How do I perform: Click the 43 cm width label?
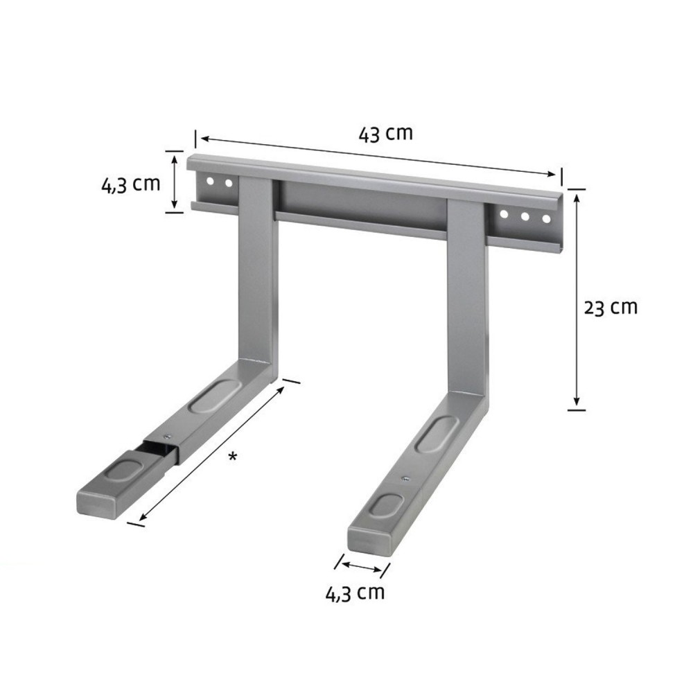385,133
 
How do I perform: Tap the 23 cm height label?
610,307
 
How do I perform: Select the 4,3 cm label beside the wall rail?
131,185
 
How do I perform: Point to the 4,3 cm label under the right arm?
355,593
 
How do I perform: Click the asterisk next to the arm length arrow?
234,456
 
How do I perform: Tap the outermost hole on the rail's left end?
209,182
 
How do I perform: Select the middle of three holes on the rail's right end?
525,217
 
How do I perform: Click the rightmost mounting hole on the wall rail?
546,219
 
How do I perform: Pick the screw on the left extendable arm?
166,437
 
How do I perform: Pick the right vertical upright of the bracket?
468,298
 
